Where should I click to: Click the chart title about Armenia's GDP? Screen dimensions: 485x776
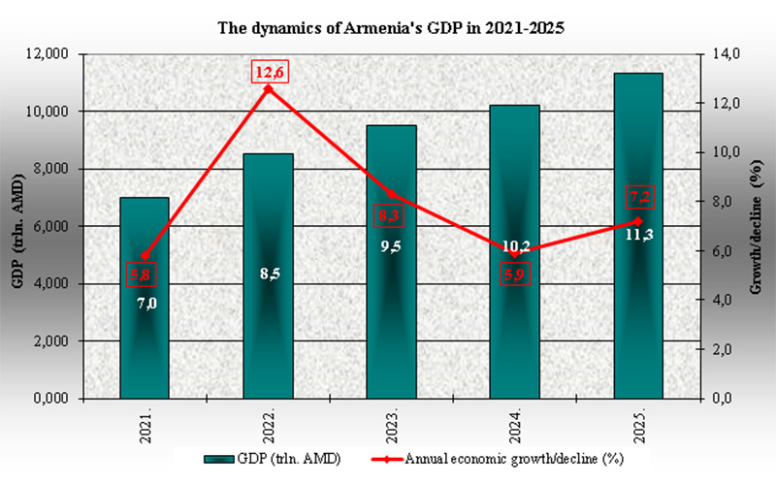click(x=388, y=28)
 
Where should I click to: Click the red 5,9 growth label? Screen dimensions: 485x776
click(x=516, y=275)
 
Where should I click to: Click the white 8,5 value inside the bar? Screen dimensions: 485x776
click(x=270, y=275)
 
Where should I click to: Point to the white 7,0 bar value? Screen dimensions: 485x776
click(x=145, y=304)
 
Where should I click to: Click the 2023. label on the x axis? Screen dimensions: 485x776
click(x=392, y=427)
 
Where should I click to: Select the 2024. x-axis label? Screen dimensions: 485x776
click(x=515, y=427)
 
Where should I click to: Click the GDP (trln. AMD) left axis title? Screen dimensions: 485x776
click(x=17, y=227)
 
